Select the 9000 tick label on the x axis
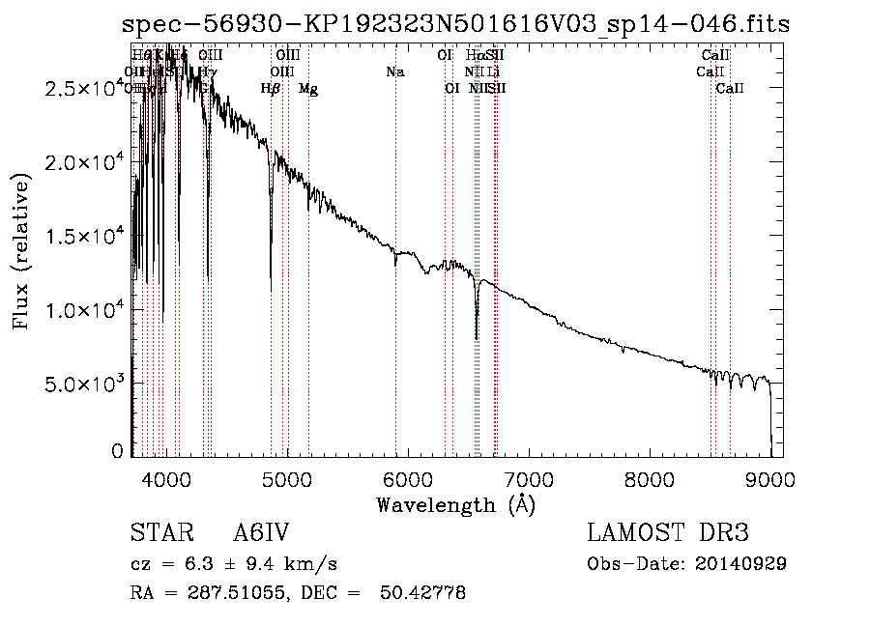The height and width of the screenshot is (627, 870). [x=770, y=476]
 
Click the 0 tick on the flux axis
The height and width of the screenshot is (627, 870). [x=117, y=451]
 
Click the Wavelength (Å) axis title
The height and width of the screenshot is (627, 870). [x=455, y=504]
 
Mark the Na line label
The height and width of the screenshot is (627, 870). [x=394, y=71]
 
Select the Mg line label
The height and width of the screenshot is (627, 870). [x=308, y=89]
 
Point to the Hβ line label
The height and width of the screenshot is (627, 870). [x=271, y=89]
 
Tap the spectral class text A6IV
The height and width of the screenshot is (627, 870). [x=261, y=534]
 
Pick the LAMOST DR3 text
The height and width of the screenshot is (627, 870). [x=667, y=533]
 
